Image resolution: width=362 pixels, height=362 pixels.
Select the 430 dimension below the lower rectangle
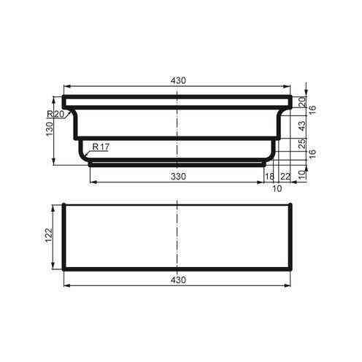[178, 280]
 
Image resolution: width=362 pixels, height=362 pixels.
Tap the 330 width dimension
[178, 176]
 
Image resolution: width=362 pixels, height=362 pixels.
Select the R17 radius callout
[99, 147]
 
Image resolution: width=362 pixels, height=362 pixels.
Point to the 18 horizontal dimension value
[269, 176]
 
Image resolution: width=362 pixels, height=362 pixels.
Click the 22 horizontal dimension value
[285, 176]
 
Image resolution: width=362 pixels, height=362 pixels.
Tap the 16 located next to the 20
[312, 109]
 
